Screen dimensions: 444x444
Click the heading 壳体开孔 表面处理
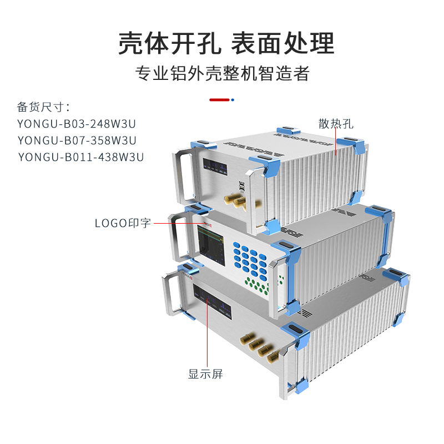point(226,43)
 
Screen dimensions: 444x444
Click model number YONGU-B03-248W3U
point(77,124)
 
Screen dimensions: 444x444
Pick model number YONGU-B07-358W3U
point(77,140)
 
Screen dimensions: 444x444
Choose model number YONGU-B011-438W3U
point(81,157)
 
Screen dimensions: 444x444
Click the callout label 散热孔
point(336,123)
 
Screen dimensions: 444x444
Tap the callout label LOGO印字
point(123,224)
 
